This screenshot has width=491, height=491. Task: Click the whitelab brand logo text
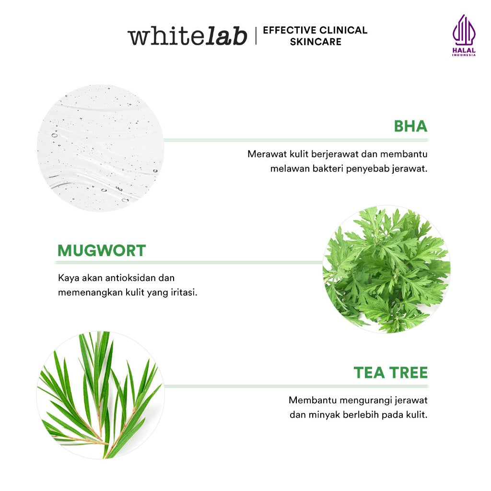[x=187, y=36]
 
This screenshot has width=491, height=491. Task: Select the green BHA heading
[x=410, y=126]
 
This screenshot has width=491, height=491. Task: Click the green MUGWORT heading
[x=102, y=250]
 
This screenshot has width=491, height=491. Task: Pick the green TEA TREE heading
[x=390, y=373]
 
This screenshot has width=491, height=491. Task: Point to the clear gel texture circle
[x=101, y=148]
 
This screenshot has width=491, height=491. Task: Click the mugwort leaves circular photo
[x=386, y=269]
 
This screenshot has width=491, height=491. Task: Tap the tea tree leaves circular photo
[x=101, y=395]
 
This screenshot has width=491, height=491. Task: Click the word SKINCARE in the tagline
[x=316, y=42]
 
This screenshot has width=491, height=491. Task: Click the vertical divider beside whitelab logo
[x=256, y=36]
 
